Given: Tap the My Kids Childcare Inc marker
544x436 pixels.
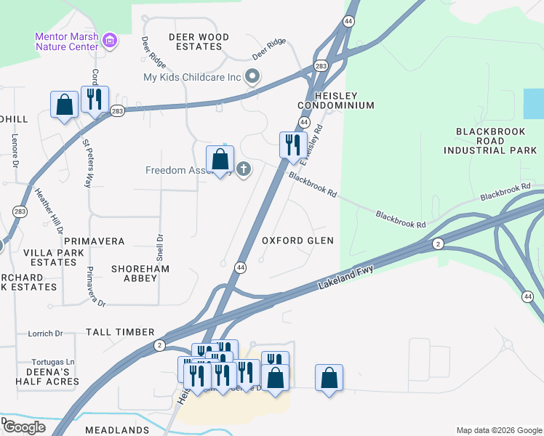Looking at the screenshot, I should [252, 76].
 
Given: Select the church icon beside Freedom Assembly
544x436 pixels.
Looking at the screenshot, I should [244, 170].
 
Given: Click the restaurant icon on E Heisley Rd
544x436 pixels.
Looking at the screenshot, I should [293, 144].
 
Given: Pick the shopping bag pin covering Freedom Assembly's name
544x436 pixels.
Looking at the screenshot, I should [220, 160].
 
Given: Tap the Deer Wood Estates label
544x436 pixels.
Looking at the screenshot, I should [199, 41].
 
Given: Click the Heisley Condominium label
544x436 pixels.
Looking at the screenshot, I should [335, 100].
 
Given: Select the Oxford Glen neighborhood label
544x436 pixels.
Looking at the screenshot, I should [297, 241].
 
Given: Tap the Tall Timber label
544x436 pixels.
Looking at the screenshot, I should [116, 332].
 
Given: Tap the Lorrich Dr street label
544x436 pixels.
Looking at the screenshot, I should [45, 334].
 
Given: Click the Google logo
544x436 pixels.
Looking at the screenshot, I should [24, 427].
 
